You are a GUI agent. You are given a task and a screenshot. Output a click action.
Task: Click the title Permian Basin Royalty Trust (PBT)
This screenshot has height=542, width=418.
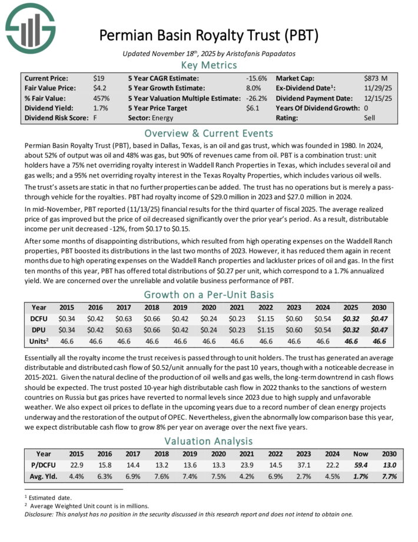click(208, 35)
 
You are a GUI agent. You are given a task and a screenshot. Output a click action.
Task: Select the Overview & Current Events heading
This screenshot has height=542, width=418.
click(208, 133)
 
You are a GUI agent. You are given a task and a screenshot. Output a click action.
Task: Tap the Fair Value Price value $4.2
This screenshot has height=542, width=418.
click(99, 88)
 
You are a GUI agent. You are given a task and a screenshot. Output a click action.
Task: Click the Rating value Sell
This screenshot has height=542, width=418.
click(370, 118)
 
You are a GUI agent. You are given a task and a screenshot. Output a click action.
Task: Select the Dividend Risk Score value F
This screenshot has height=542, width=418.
click(95, 118)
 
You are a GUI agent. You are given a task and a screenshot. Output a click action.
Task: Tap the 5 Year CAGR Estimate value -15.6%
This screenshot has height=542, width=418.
click(257, 78)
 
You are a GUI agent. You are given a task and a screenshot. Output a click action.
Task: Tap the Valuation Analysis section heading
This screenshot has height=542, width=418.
click(208, 442)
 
